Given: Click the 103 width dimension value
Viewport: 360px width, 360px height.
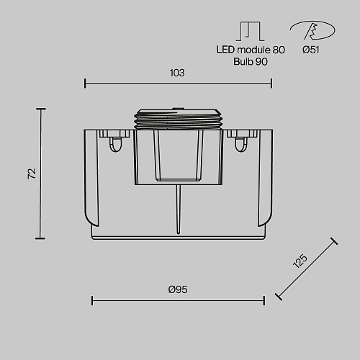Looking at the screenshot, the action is coord(177,73).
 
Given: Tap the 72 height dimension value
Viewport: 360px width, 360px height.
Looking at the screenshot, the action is coord(32,174).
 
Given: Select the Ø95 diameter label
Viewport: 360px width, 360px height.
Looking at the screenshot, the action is coord(178,289).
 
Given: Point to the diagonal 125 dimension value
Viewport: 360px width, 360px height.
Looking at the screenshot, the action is coord(300,261).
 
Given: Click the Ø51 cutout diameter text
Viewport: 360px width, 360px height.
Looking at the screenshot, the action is coord(311,50).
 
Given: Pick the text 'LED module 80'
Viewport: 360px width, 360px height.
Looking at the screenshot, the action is coord(251,50).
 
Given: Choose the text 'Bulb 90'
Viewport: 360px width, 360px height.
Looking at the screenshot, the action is coord(251,62).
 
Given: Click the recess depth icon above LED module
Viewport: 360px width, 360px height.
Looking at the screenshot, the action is coord(251,31).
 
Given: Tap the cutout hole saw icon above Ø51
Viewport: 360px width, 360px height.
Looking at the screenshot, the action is coord(312,30).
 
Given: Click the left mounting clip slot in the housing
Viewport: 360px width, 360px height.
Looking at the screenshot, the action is coord(115,145).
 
